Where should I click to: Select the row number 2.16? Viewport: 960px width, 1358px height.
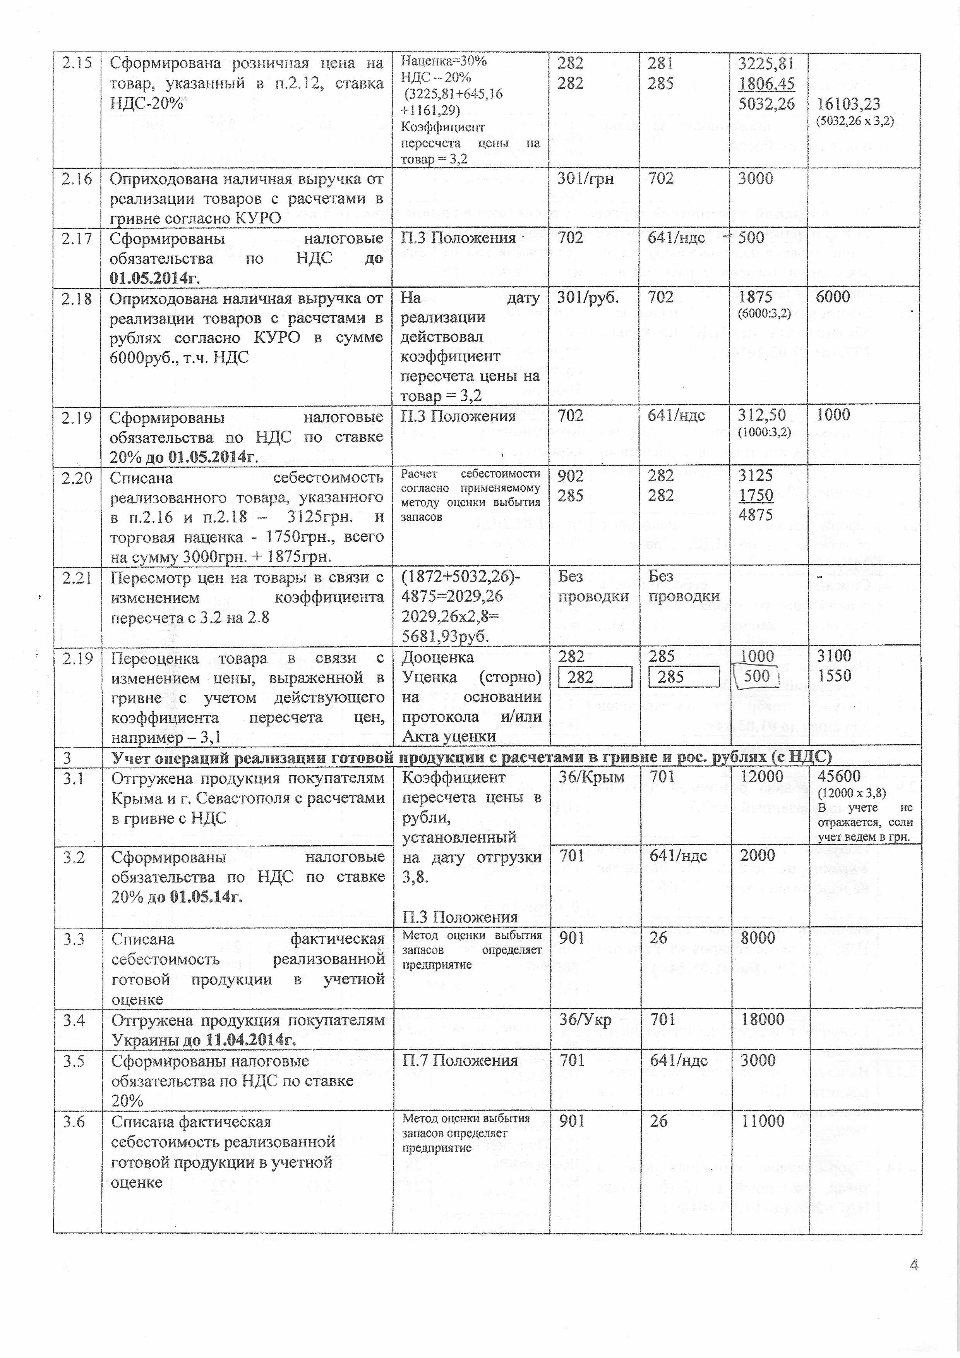(x=77, y=179)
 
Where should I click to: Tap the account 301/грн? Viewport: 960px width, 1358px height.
(x=585, y=179)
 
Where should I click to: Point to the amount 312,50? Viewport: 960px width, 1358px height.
(x=761, y=415)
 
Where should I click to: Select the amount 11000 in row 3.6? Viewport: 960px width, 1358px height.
(x=763, y=1121)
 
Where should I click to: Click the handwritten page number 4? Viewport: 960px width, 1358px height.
(x=914, y=1265)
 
